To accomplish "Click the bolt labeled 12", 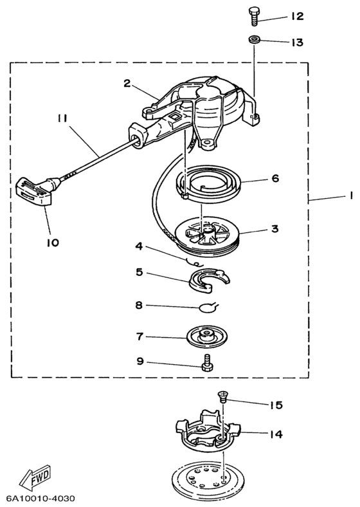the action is [x=255, y=16].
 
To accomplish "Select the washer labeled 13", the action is [x=255, y=40].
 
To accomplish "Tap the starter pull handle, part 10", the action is [x=38, y=191].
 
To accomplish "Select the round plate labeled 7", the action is [x=207, y=337].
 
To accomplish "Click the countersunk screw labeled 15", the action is [x=222, y=396].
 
